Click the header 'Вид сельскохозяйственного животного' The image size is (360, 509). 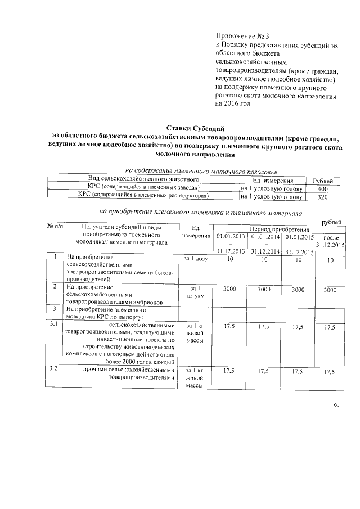[143, 179]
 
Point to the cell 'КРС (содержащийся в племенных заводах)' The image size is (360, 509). [143, 187]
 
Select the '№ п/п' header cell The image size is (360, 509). [54, 227]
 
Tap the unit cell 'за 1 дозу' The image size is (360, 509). [195, 259]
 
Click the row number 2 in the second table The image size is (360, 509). [54, 287]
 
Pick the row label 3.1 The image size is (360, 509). [54, 325]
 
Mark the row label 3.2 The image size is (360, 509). [54, 369]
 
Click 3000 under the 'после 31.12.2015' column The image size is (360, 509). [330, 290]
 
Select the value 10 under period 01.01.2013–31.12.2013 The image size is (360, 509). [229, 260]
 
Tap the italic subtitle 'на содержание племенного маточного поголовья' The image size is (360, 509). [201, 170]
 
